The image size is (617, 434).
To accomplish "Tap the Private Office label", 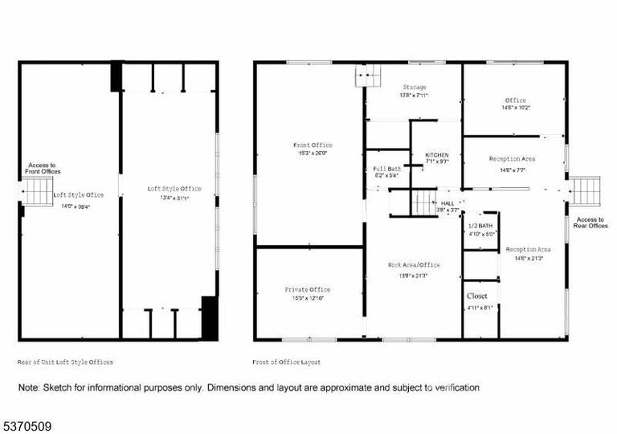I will click(307, 289).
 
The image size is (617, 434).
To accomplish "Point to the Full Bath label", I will click(387, 168).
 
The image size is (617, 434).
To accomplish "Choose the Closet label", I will click(477, 296).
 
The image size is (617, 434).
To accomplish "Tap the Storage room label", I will click(415, 87).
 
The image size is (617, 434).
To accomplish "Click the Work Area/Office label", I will click(414, 264).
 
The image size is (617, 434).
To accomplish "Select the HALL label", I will click(448, 203).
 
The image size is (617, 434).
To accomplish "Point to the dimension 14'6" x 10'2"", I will click(516, 107).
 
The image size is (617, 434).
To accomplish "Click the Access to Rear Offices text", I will click(591, 223).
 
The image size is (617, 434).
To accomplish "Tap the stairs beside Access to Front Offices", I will click(36, 193).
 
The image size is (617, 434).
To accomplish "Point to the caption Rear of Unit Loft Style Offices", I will click(65, 362).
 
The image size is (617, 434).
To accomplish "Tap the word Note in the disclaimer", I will click(28, 387).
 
